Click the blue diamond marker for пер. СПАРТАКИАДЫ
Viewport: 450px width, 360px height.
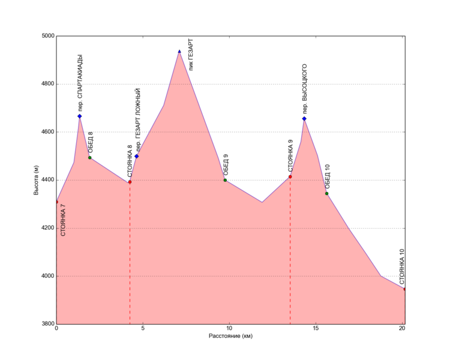pyautogui.click(x=79, y=116)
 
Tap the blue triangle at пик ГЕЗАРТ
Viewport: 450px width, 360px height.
pyautogui.click(x=179, y=52)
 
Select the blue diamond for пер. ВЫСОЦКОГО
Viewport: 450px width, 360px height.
pyautogui.click(x=304, y=119)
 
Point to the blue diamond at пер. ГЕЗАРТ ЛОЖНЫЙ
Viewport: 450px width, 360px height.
pyautogui.click(x=137, y=156)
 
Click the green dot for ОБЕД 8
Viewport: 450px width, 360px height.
pyautogui.click(x=89, y=158)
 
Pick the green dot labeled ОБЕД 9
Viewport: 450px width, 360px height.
pyautogui.click(x=225, y=180)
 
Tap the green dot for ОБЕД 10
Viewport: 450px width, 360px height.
pyautogui.click(x=326, y=193)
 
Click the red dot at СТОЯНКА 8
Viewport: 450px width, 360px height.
pyautogui.click(x=130, y=182)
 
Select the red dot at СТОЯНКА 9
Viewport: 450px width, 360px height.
pyautogui.click(x=290, y=176)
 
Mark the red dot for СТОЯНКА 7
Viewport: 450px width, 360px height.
pyautogui.click(x=56, y=202)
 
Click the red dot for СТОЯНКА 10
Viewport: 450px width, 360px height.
pyautogui.click(x=405, y=289)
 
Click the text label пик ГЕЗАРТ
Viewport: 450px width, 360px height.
pyautogui.click(x=191, y=53)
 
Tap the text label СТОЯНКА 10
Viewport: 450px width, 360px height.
pyautogui.click(x=402, y=267)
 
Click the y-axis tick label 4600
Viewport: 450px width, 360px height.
pyautogui.click(x=46, y=132)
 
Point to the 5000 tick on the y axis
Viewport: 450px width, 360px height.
pyautogui.click(x=46, y=36)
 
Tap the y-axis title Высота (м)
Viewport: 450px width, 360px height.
pyautogui.click(x=37, y=180)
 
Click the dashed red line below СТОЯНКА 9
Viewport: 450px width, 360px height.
pyautogui.click(x=290, y=252)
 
